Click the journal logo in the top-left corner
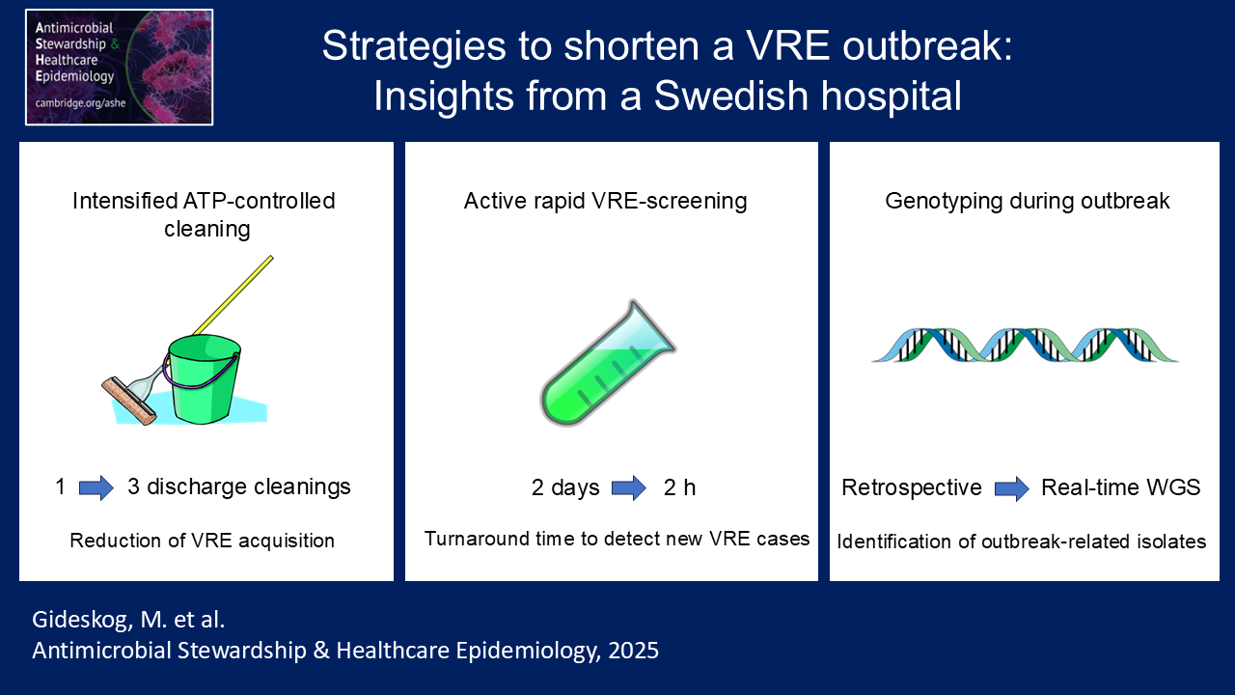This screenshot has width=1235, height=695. point(119,68)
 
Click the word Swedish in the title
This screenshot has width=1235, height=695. point(731,96)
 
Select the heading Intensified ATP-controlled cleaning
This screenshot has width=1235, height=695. point(205,214)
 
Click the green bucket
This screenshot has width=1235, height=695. point(203,379)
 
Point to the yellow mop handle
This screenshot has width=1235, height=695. point(233,295)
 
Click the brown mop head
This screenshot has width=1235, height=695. point(129,401)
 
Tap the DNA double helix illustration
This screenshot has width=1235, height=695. point(1025,345)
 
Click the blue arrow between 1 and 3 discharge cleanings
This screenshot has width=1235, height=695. point(96,487)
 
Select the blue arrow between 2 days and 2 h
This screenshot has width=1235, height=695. point(629,487)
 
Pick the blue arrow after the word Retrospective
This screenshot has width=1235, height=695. point(1012,488)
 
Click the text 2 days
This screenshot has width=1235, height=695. point(565,487)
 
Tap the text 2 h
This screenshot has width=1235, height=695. point(679,487)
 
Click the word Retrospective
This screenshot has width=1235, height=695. point(912,487)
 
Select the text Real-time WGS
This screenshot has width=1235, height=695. point(1120,487)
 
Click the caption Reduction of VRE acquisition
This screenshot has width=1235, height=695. point(203,541)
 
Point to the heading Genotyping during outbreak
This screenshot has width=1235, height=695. point(1028,202)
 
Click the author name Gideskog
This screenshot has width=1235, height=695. point(83,620)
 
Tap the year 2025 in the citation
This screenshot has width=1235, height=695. point(634,651)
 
